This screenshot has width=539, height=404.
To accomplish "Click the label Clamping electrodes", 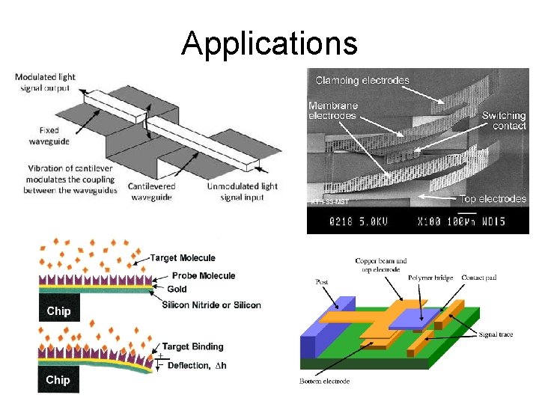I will (362, 80).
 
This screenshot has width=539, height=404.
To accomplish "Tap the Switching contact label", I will (503, 120).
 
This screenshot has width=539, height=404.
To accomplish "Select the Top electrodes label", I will (493, 199).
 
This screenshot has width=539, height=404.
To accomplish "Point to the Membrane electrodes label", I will (334, 111).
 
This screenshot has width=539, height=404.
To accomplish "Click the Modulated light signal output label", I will (44, 82).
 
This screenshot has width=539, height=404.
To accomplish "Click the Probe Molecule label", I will (204, 276).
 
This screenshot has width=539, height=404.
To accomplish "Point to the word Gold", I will (177, 290).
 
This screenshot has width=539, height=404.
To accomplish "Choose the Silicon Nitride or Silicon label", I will (211, 304).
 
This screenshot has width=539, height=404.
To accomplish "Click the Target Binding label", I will (192, 346).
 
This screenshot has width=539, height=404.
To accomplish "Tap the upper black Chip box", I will (58, 310).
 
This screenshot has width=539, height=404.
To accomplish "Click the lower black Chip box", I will (58, 380).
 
